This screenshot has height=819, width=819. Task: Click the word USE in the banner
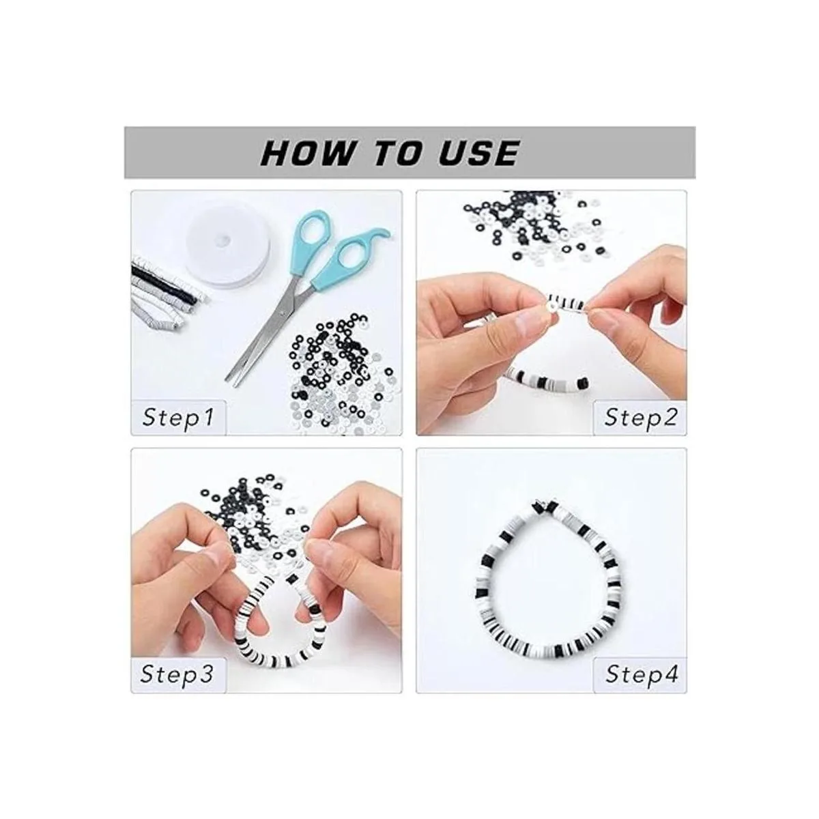click(x=478, y=153)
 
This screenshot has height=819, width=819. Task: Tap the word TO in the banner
click(x=397, y=153)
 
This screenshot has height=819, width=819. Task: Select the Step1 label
click(x=179, y=418)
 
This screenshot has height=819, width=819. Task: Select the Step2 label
click(x=641, y=418)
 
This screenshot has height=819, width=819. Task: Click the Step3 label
click(x=177, y=674)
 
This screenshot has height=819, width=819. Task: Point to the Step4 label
click(x=642, y=674)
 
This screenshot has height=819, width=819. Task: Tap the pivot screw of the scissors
click(x=281, y=313)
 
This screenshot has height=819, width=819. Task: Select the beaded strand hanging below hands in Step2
click(x=548, y=378)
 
